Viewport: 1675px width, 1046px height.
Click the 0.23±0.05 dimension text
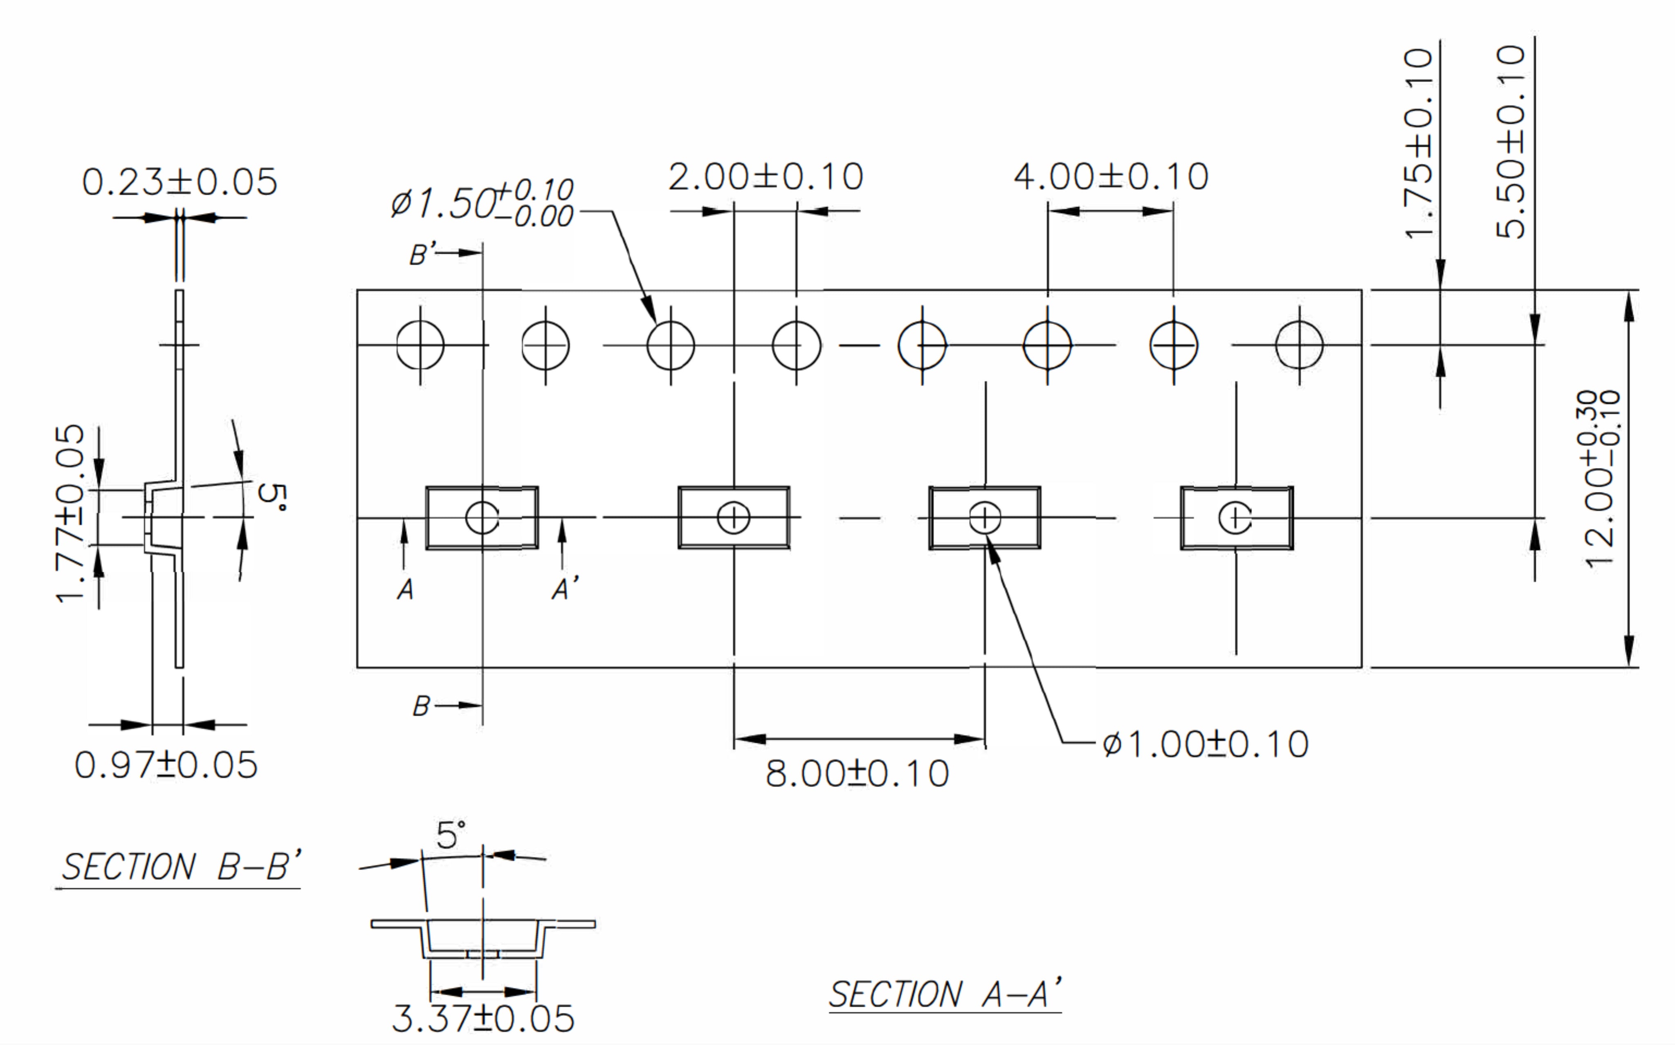179,182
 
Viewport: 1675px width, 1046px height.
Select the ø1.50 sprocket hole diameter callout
482,203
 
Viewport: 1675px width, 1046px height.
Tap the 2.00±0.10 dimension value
766,177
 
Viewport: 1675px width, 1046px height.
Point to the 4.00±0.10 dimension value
1111,177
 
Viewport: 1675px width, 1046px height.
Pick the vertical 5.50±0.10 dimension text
1510,142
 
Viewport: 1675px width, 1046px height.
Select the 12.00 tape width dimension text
1602,479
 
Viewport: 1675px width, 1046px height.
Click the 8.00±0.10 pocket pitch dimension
857,773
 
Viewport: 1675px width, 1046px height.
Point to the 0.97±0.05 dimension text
166,765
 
